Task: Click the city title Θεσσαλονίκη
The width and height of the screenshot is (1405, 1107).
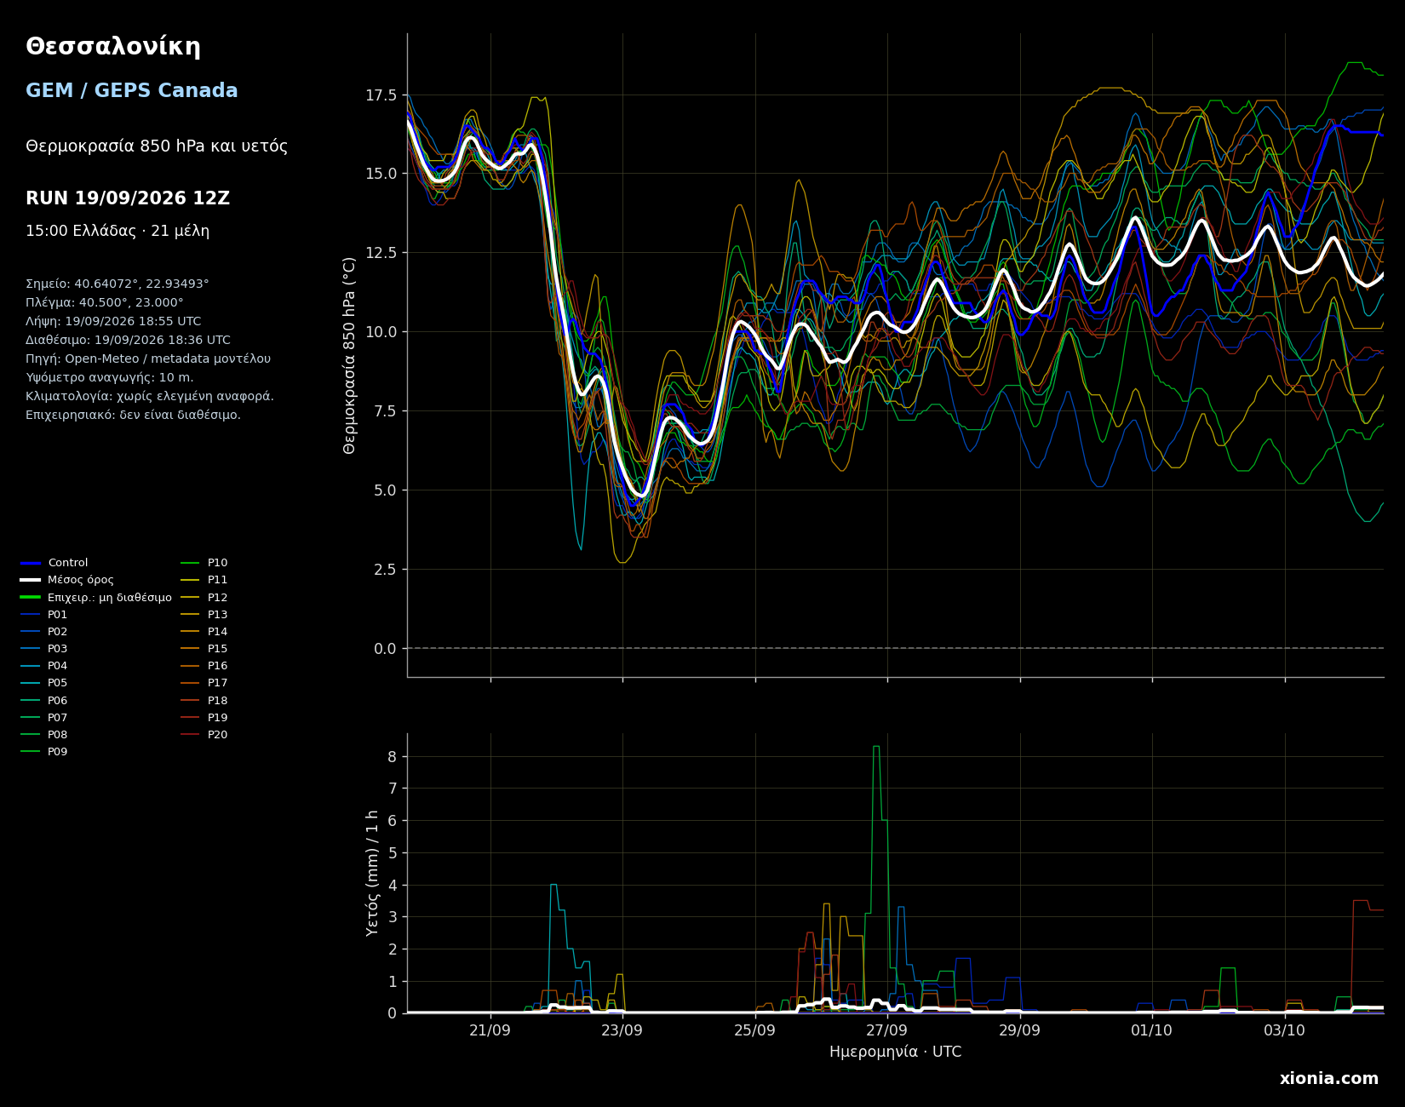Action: pyautogui.click(x=113, y=48)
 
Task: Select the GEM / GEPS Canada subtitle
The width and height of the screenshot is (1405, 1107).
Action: pyautogui.click(x=132, y=91)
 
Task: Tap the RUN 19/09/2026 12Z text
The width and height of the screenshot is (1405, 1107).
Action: pyautogui.click(x=128, y=198)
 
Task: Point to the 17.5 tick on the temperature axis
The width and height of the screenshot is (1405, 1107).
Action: pyautogui.click(x=381, y=95)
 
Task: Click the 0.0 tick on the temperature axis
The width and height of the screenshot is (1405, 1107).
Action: pyautogui.click(x=385, y=649)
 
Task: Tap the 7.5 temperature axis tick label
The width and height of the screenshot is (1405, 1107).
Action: pyautogui.click(x=385, y=411)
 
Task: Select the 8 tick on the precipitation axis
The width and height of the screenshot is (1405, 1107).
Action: pyautogui.click(x=393, y=757)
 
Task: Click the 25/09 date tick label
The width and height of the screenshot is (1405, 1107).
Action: pyautogui.click(x=754, y=1030)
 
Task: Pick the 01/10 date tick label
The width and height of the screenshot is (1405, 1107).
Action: pyautogui.click(x=1152, y=1030)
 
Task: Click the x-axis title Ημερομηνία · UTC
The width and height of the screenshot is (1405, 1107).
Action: pyautogui.click(x=895, y=1053)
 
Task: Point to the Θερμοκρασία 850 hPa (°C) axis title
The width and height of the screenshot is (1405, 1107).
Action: pyautogui.click(x=350, y=355)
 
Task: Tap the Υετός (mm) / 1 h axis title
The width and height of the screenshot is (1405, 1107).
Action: pyautogui.click(x=372, y=874)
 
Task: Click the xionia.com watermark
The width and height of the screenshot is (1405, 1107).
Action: pyautogui.click(x=1328, y=1079)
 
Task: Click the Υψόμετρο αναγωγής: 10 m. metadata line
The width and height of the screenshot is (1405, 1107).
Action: pyautogui.click(x=110, y=378)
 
